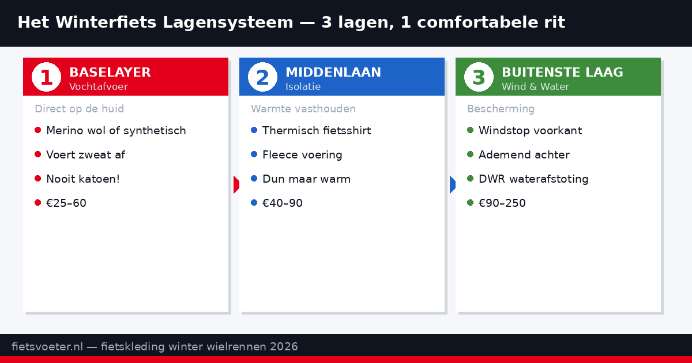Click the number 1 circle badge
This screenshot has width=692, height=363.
46,77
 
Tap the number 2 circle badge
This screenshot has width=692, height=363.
262,77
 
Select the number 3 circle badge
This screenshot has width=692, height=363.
479,77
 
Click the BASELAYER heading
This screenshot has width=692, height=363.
110,73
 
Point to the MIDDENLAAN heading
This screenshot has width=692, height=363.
333,73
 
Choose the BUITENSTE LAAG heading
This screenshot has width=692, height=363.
562,73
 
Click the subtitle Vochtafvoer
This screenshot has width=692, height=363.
98,87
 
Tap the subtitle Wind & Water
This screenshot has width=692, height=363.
535,87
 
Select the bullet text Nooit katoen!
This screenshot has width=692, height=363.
83,179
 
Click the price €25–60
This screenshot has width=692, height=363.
66,203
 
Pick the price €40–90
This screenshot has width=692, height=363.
283,203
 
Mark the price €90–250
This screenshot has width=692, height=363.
502,203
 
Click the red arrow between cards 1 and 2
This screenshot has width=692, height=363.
236,185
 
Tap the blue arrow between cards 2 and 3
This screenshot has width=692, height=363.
452,185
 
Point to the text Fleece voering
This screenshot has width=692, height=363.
302,155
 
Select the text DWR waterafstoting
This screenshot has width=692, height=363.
533,179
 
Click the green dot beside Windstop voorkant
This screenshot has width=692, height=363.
470,130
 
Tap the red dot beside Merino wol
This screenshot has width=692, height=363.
37,130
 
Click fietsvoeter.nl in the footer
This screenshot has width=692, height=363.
47,347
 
